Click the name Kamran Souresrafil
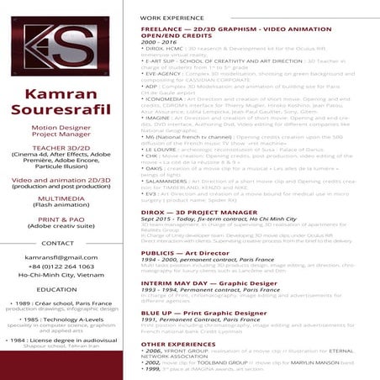coord(60,101)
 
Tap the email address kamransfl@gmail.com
coord(61,257)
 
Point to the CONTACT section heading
coord(58,243)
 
